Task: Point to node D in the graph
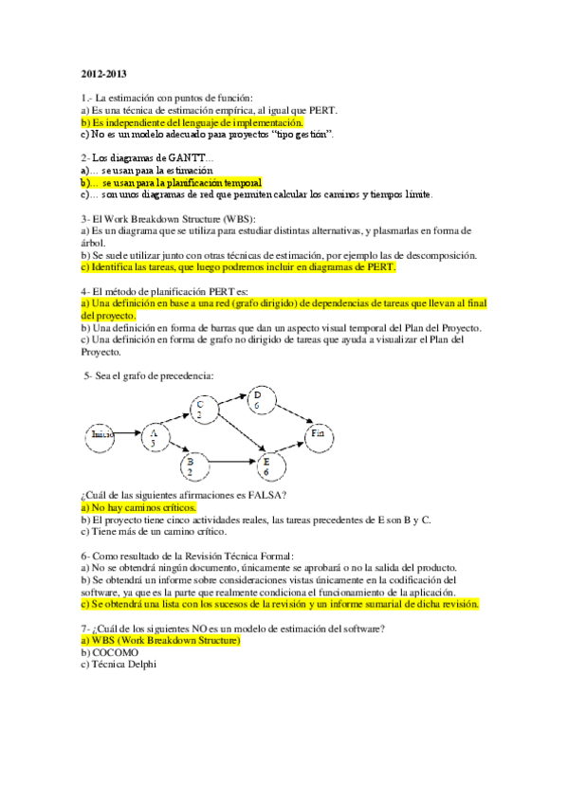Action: [x=258, y=400]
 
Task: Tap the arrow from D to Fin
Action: [x=289, y=416]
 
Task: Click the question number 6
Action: [x=85, y=555]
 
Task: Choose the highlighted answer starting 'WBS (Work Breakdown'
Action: [x=162, y=641]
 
